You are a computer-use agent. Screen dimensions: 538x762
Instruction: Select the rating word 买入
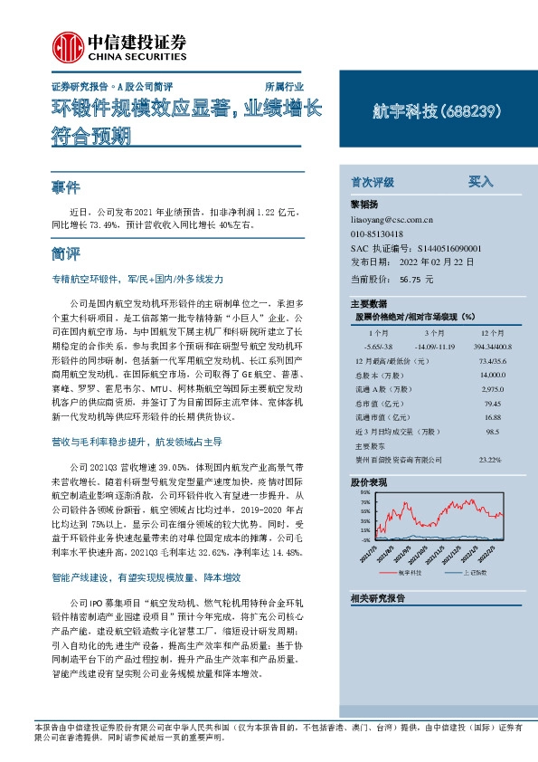point(480,181)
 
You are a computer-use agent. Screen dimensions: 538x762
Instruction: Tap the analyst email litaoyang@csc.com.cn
point(391,219)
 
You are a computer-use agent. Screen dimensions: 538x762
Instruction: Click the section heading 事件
point(66,187)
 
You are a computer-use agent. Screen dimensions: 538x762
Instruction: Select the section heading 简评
point(66,251)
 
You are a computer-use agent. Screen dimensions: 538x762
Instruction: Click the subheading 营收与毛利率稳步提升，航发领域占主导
point(137,442)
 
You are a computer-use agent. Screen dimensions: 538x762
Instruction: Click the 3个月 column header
point(427,332)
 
